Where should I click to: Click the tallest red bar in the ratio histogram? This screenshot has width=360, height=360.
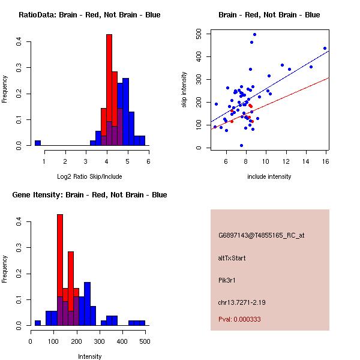click(x=109, y=90)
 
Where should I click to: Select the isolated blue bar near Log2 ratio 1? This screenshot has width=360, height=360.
click(x=38, y=143)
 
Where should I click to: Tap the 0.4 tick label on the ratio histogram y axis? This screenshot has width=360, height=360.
click(x=19, y=42)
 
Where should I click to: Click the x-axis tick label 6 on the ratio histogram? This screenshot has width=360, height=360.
click(x=148, y=161)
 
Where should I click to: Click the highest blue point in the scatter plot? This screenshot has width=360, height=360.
click(x=254, y=35)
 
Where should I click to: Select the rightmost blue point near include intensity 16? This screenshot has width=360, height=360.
click(x=325, y=49)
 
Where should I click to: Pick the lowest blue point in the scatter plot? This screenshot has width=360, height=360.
click(x=241, y=145)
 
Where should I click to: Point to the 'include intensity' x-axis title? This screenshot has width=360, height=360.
click(x=269, y=176)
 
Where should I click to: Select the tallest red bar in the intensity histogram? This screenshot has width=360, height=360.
click(x=60, y=264)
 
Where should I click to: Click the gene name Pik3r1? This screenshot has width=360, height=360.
click(x=228, y=280)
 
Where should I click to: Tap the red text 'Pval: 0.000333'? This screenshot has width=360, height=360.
click(x=239, y=319)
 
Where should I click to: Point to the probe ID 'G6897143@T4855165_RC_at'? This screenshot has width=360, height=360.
click(x=261, y=236)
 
